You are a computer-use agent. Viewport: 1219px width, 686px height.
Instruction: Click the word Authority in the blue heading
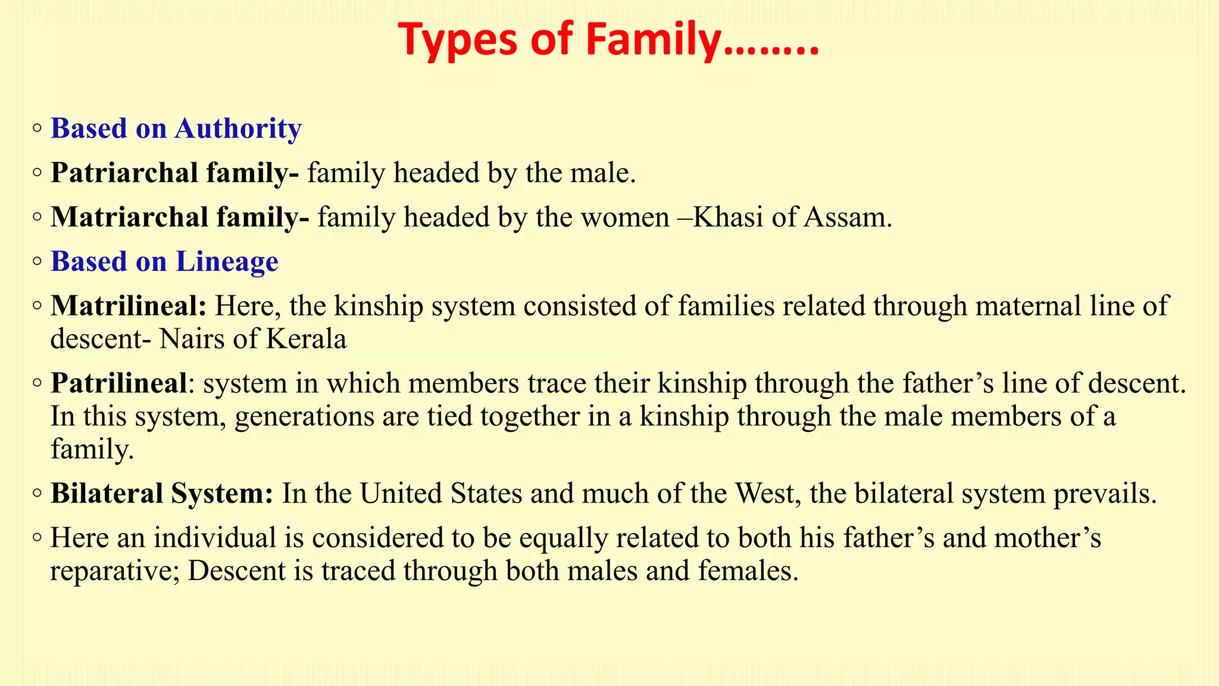pos(238,129)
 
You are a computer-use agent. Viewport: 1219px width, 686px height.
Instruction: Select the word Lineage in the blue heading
pos(227,262)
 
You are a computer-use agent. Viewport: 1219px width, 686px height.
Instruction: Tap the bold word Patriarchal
pos(124,173)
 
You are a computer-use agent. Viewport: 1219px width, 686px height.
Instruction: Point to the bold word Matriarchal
pos(129,217)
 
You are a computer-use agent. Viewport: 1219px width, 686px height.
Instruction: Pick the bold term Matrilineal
pos(129,306)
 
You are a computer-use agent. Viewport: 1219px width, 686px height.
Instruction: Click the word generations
pos(304,417)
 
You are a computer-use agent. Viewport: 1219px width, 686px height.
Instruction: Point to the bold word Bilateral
pos(106,494)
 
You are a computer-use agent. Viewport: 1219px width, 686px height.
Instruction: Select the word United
pos(401,494)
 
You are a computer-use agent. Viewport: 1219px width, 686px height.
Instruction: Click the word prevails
pos(1105,494)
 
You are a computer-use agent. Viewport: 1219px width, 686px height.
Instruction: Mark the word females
pos(748,571)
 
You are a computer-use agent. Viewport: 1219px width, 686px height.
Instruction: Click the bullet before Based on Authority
pos(37,128)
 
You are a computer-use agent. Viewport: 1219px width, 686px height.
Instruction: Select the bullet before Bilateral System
pos(37,493)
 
